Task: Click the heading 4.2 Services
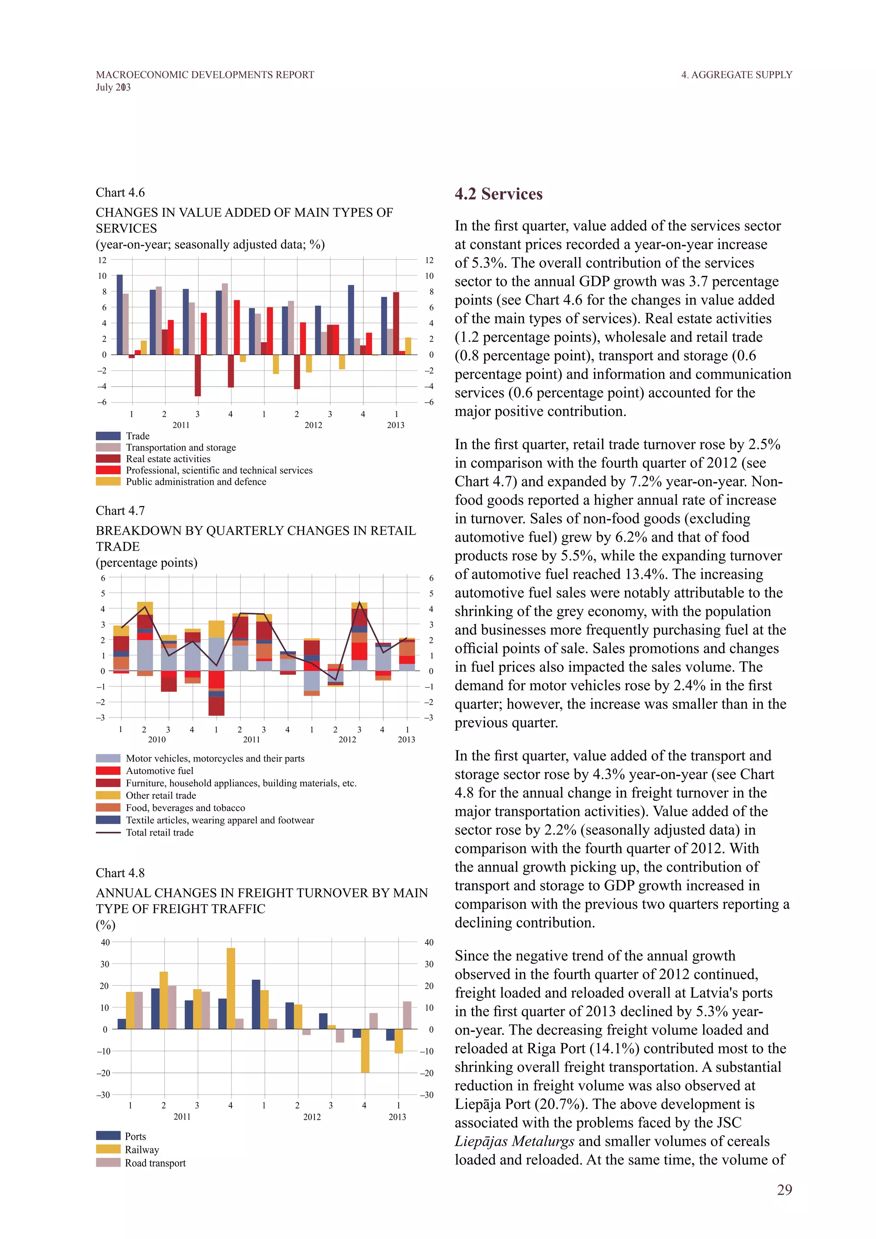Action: point(498,194)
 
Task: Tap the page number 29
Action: point(784,1190)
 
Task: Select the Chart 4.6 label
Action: point(120,193)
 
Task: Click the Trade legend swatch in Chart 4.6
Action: point(108,436)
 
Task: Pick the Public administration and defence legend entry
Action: point(196,482)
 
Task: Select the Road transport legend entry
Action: point(155,1163)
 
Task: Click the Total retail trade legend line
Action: point(108,833)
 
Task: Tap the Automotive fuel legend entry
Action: point(159,771)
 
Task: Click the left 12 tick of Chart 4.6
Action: point(102,260)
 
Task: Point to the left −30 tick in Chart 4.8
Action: point(103,1094)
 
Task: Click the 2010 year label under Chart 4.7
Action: point(157,739)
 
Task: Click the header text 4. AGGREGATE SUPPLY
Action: point(736,75)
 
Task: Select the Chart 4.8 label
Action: point(120,873)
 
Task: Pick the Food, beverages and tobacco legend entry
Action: point(185,808)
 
